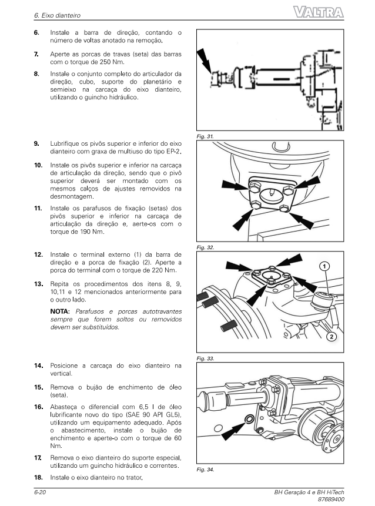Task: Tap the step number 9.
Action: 36,143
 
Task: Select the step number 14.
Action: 38,366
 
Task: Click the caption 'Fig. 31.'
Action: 206,136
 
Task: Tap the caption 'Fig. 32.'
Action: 206,247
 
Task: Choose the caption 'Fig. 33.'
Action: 206,357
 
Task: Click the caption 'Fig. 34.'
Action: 206,470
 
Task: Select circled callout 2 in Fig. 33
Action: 332,337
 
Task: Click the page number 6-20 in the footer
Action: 39,491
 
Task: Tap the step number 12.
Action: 38,254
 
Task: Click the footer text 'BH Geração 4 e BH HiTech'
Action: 309,491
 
